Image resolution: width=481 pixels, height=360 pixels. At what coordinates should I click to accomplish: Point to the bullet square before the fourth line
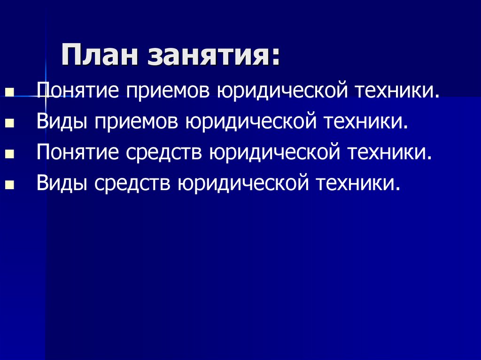pos(8,186)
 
